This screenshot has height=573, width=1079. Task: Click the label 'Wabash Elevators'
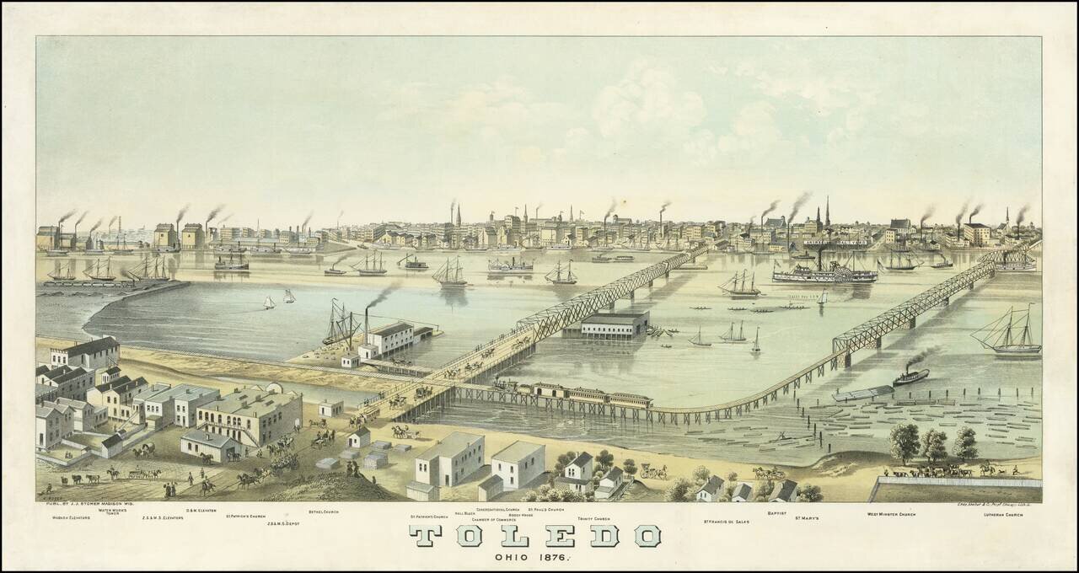[71, 517]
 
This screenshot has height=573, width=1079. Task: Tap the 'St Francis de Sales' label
[726, 522]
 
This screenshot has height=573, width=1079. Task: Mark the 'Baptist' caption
[777, 511]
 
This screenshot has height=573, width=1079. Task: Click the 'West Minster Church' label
[891, 514]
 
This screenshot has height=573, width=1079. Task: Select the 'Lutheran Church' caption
[1002, 514]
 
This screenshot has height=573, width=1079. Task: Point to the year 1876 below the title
[555, 557]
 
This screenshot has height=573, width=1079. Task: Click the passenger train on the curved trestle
[573, 394]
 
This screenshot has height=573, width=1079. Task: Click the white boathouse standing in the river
[615, 324]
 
